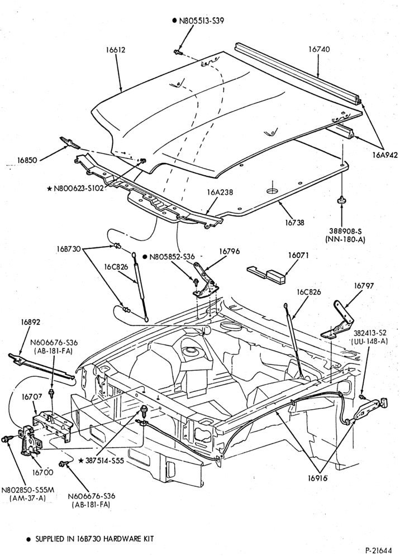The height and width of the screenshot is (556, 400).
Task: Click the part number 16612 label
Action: [x=115, y=50]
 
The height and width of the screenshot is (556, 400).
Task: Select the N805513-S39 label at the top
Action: [x=201, y=21]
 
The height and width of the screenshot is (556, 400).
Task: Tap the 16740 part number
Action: [x=319, y=49]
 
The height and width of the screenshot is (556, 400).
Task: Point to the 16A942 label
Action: [x=385, y=155]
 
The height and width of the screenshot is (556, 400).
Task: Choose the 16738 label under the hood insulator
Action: [x=294, y=223]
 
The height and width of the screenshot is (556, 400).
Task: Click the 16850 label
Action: [x=27, y=160]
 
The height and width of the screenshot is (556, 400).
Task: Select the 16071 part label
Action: [x=298, y=255]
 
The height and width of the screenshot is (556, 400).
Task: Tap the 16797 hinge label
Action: [x=364, y=285]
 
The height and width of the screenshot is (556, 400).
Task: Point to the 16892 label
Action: [x=31, y=322]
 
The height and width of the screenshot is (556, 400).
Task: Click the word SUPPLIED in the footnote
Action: [x=51, y=539]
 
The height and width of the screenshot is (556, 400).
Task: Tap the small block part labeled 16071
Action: [x=267, y=275]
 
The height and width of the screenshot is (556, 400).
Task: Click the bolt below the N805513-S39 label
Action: [x=178, y=52]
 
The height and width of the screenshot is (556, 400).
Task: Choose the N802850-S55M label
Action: [x=28, y=490]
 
